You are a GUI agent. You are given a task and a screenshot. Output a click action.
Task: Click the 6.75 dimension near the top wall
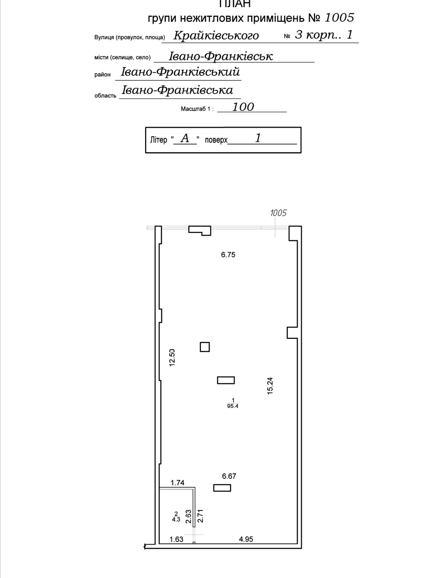pyautogui.click(x=228, y=255)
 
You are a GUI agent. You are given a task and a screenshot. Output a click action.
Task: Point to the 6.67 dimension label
pyautogui.click(x=229, y=476)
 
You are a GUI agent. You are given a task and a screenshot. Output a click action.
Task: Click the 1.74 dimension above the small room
pyautogui.click(x=178, y=483)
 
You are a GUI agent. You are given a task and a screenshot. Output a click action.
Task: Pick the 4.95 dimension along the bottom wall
pyautogui.click(x=246, y=539)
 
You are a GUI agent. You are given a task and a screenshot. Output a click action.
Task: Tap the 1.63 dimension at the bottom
pyautogui.click(x=176, y=539)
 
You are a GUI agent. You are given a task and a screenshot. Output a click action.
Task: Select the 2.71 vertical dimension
pyautogui.click(x=201, y=516)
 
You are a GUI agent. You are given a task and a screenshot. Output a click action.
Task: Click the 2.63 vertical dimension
pyautogui.click(x=188, y=516)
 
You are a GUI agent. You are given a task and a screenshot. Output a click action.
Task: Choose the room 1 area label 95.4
pyautogui.click(x=233, y=406)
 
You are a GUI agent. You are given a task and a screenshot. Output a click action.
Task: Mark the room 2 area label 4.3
pyautogui.click(x=176, y=519)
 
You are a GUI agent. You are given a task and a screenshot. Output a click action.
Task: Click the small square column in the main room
pyautogui.click(x=205, y=347)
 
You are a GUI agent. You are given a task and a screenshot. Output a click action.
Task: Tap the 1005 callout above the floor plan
pyautogui.click(x=278, y=213)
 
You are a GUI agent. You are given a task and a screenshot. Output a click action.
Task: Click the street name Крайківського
pyautogui.click(x=216, y=35)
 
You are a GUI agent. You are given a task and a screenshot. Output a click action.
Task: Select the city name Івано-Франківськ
pyautogui.click(x=220, y=56)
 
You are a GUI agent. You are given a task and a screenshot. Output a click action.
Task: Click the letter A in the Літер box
pyautogui.click(x=185, y=138)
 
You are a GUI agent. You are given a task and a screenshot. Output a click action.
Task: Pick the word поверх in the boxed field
pyautogui.click(x=216, y=140)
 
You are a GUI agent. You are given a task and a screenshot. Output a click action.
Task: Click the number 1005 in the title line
pyautogui.click(x=340, y=17)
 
